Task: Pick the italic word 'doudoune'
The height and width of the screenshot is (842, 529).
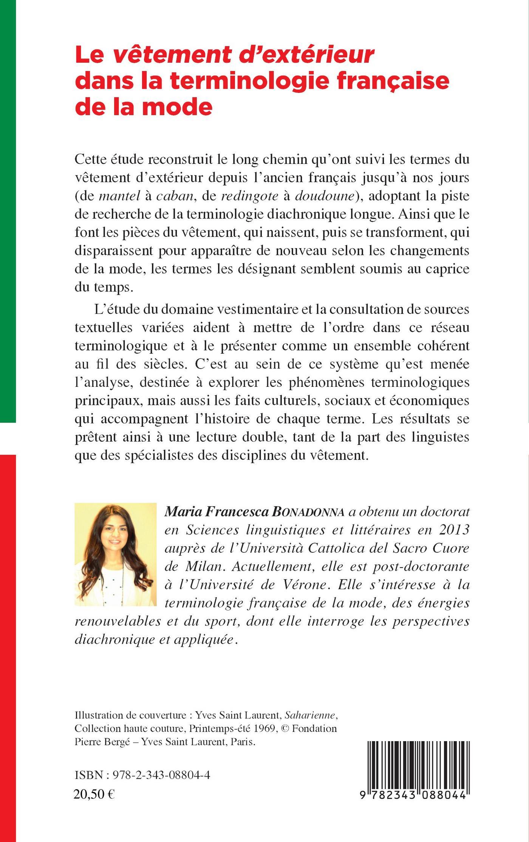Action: click(x=325, y=196)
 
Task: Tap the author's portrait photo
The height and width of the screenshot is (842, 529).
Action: click(x=116, y=555)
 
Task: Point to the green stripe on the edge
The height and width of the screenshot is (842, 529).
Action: click(x=8, y=212)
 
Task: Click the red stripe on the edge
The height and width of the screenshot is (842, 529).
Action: click(x=8, y=642)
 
